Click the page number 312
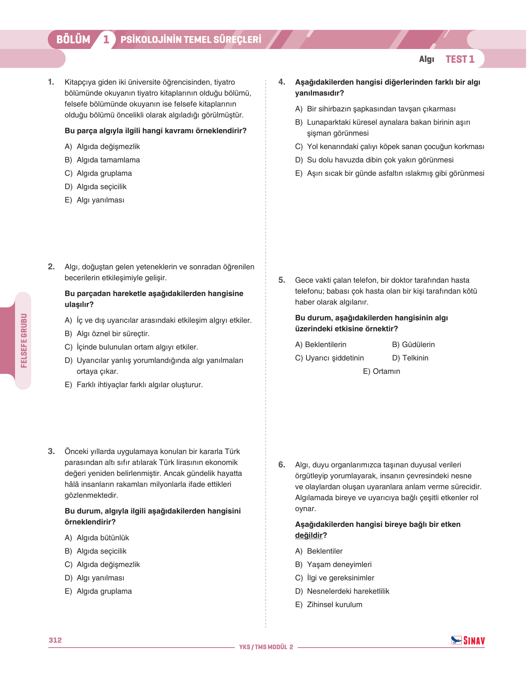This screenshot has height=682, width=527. click(55, 640)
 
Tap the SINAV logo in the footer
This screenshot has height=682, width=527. click(468, 640)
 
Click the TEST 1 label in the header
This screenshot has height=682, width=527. click(460, 59)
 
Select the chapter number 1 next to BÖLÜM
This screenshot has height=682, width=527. click(106, 40)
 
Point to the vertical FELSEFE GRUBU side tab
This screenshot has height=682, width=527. click(24, 341)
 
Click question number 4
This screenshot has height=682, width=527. click(282, 82)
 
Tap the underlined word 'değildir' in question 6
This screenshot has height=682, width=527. click(309, 535)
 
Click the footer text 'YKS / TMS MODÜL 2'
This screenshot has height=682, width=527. click(266, 647)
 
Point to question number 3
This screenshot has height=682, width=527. click(51, 451)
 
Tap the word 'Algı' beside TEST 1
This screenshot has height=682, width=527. click(426, 59)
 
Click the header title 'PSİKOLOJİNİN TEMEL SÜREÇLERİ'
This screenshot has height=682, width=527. click(191, 40)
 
